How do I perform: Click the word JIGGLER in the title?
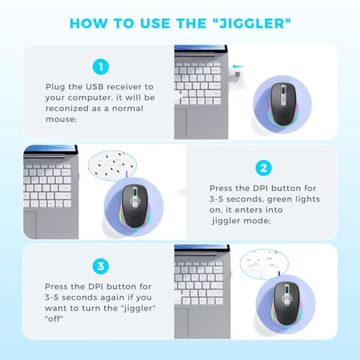click(x=252, y=24)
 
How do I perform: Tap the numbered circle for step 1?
click(x=101, y=66)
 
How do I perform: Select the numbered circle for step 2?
click(x=264, y=168)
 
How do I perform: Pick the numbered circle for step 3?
click(x=101, y=266)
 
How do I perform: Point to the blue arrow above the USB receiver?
click(x=238, y=66)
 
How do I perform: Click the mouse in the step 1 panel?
click(x=282, y=104)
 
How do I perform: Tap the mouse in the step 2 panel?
click(x=134, y=206)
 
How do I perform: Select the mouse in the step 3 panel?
click(x=286, y=304)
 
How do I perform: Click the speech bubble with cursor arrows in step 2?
click(x=112, y=165)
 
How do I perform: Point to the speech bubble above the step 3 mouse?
click(x=264, y=264)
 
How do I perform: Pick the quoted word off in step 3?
click(x=54, y=319)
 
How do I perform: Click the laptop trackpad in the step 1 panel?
click(x=181, y=123)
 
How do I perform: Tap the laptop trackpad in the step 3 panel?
click(x=181, y=323)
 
